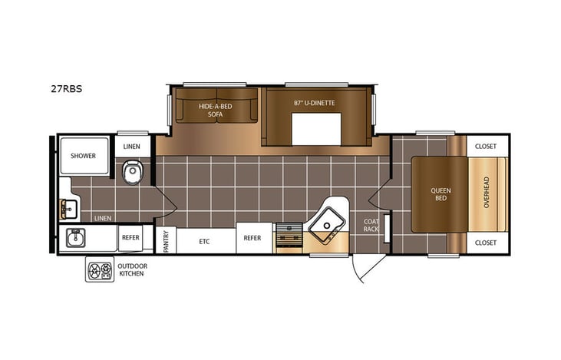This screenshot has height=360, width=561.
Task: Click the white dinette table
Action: coord(315,129)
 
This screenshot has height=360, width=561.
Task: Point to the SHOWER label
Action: coord(83,156)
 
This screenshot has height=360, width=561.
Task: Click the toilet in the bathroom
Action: coord(133,171)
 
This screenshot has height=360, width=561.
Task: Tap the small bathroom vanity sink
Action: coord(65,208)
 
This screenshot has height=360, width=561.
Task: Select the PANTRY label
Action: coord(166,240)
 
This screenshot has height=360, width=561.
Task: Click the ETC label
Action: coord(204,241)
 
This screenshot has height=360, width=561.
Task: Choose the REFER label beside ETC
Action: coord(252,239)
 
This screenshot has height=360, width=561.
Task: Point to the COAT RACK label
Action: coord(371,225)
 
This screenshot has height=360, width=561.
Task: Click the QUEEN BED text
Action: coord(441,194)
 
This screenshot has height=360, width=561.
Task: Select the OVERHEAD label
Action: coord(486,193)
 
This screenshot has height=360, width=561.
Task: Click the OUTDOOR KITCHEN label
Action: coord(133,269)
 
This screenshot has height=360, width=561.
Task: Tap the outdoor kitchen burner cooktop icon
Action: coord(99,269)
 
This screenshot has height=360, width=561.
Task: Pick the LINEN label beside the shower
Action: coord(132,146)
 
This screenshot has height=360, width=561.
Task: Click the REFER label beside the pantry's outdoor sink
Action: coord(130,238)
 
